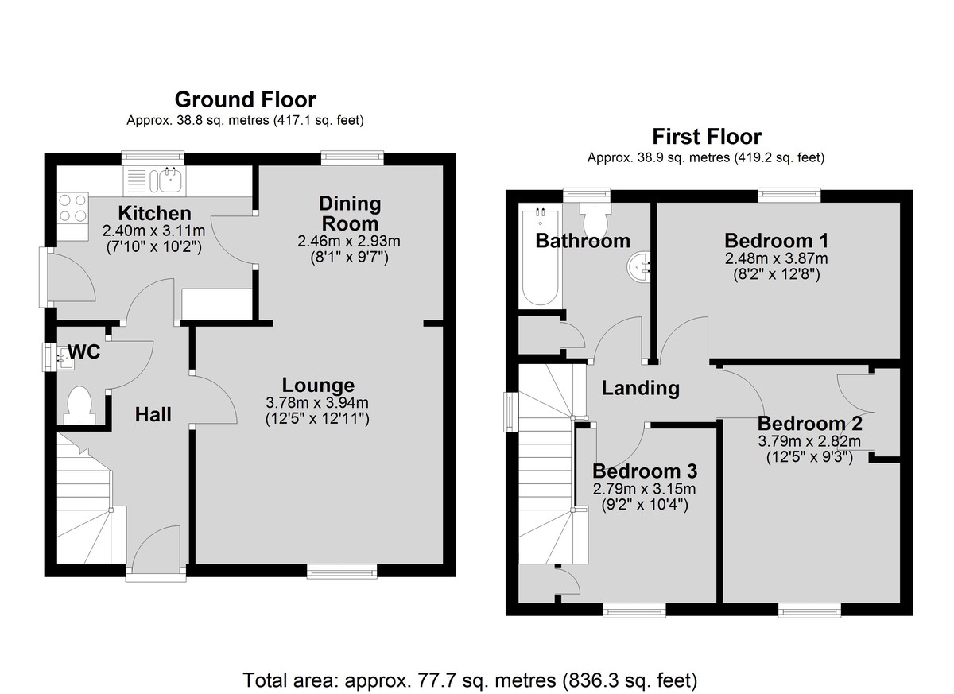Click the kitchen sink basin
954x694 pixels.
pos(171,180)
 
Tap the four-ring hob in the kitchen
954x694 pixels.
pos(73,207)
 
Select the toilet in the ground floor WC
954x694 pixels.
pos(79,405)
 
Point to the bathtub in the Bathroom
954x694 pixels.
pos(540,255)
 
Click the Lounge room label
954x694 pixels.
pos(318,385)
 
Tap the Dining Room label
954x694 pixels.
pos(350,213)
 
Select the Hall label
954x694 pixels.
pos(153,414)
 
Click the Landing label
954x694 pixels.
pos(640,388)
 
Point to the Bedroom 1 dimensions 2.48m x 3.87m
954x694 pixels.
pos(777,258)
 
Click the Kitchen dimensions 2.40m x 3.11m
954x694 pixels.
pos(153,231)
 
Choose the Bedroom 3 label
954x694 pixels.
pos(645,471)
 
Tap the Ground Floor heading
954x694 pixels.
pos(246,99)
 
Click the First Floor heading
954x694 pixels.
pos(707,137)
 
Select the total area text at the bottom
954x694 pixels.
pos(470,680)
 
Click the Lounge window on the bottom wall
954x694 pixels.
pos(342,571)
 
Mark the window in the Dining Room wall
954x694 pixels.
pos(352,158)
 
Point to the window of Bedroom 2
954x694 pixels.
pos(809,610)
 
